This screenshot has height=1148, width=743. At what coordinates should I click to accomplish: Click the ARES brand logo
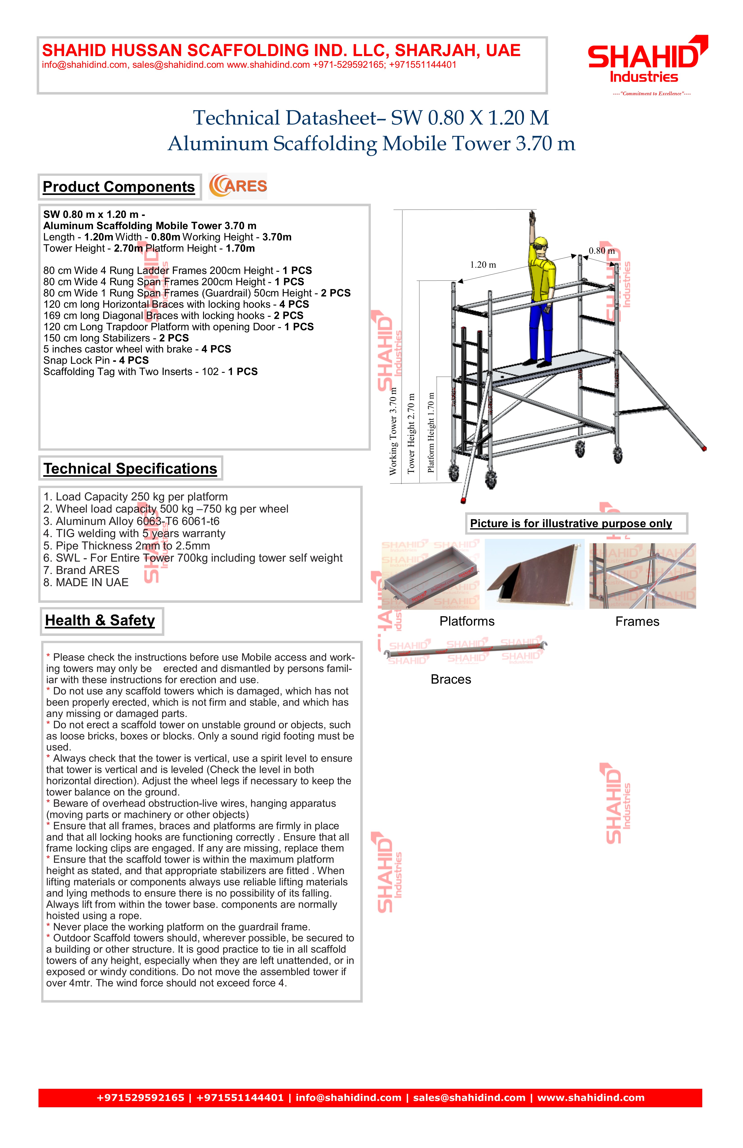click(238, 186)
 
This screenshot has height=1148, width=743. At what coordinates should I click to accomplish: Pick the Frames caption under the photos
click(637, 622)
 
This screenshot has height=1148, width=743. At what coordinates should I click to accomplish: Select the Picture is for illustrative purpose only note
click(571, 524)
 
